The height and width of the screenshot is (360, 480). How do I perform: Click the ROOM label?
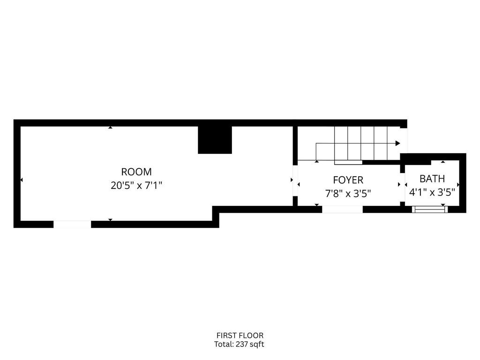tap(136, 172)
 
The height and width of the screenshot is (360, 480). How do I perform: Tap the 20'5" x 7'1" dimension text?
tap(136, 186)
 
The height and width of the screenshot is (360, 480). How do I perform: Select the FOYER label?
tap(348, 180)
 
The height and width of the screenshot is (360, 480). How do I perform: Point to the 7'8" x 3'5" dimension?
tap(348, 194)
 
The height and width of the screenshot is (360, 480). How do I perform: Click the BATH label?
tap(432, 179)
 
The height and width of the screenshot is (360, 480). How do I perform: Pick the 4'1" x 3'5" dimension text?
tap(432, 192)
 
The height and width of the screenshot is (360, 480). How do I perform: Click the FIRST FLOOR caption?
tap(240, 335)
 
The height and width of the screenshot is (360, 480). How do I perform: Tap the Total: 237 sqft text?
tap(240, 344)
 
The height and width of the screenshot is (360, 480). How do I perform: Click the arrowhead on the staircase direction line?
tap(398, 143)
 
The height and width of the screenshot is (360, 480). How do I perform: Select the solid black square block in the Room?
tap(215, 140)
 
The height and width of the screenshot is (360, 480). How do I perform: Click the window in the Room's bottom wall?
tap(72, 225)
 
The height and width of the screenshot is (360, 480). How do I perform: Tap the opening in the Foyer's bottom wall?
tap(342, 209)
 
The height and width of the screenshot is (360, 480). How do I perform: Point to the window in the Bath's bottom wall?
tap(430, 210)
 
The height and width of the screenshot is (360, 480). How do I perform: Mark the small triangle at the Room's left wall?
tap(22, 180)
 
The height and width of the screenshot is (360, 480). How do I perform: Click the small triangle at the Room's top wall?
tap(110, 127)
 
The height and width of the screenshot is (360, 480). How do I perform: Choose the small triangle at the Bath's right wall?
tap(458, 185)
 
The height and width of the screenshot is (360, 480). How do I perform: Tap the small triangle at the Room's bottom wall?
tap(110, 219)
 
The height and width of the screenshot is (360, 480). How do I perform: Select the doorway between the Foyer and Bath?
tap(403, 185)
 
